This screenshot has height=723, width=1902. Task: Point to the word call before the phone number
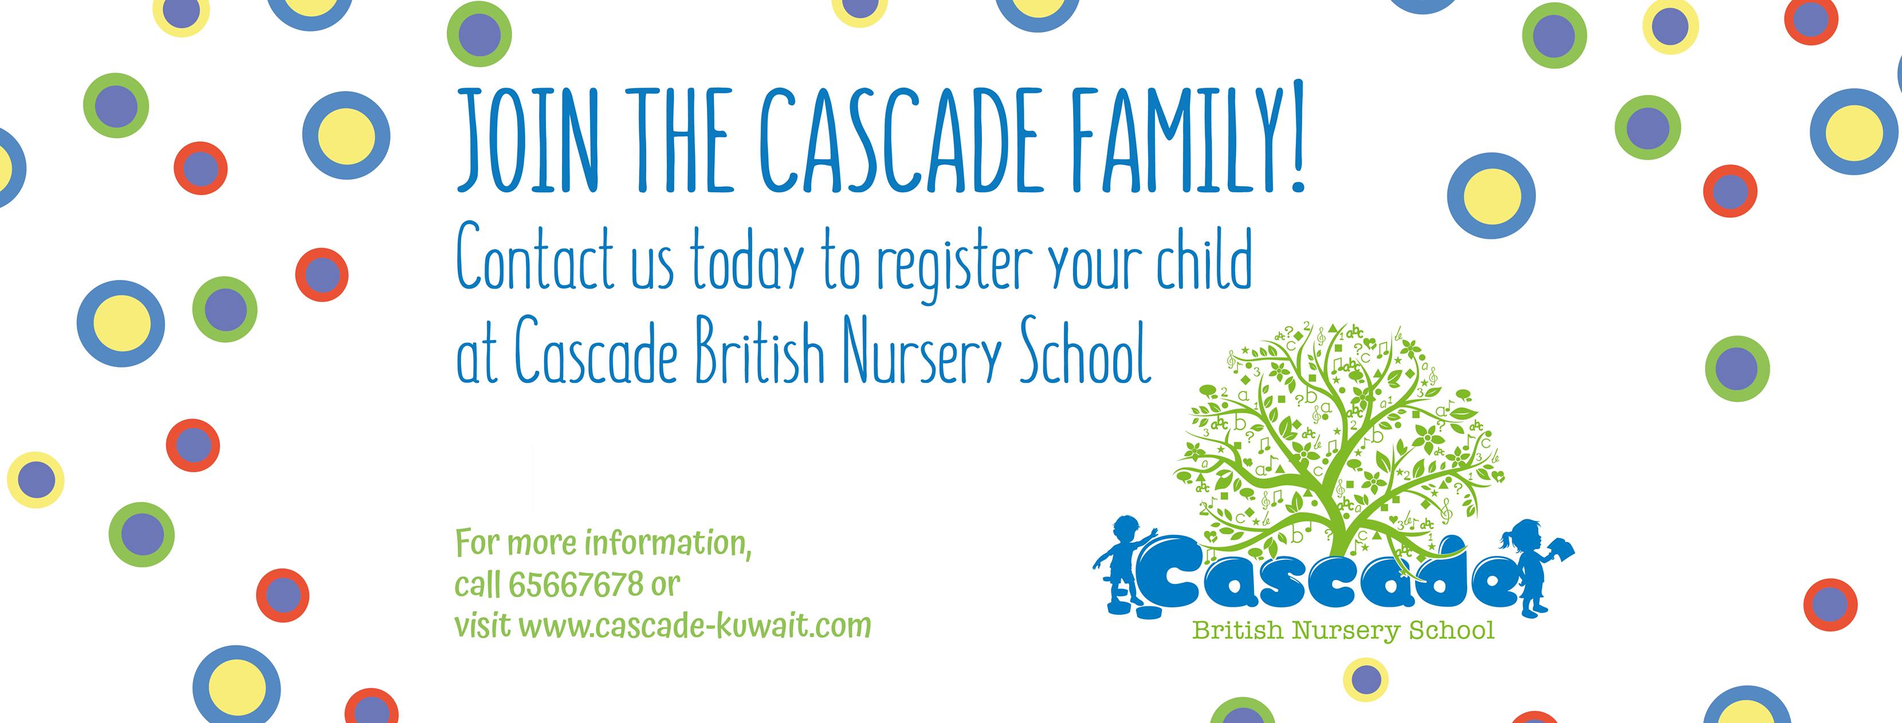pos(478,584)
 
